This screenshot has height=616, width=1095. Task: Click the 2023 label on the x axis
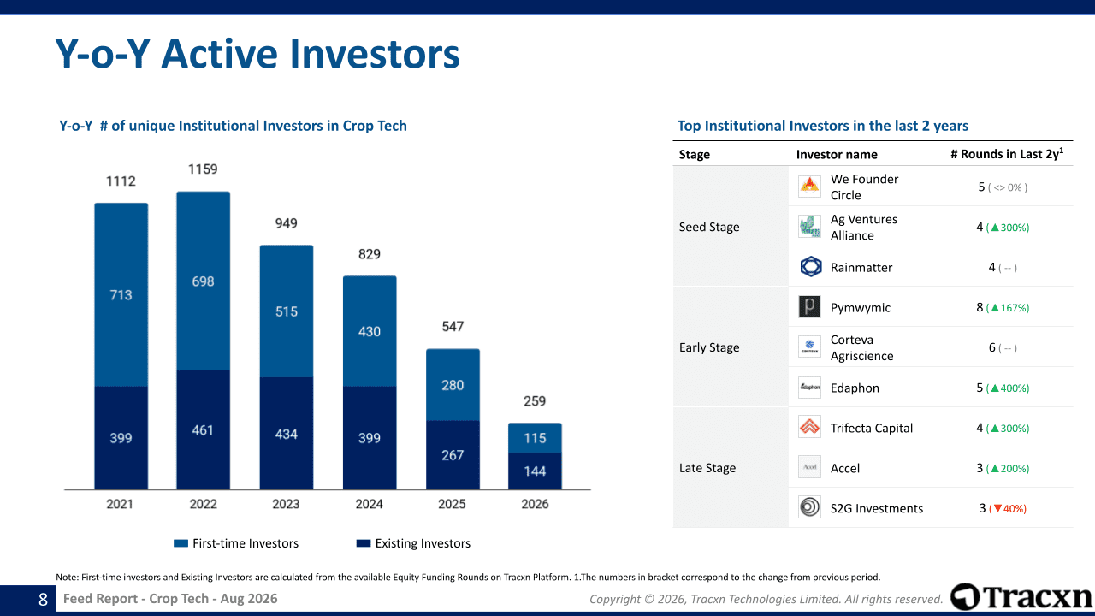click(286, 504)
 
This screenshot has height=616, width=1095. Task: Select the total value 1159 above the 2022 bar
click(203, 169)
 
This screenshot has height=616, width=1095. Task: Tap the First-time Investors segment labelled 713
click(121, 295)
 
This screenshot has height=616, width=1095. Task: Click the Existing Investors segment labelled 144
click(535, 471)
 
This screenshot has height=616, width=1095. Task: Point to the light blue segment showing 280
click(453, 385)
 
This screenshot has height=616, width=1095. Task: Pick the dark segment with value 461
click(203, 429)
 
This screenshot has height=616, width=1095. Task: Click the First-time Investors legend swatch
click(181, 543)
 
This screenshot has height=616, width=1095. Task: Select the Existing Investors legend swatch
click(364, 543)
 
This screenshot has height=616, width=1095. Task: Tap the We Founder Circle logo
click(809, 187)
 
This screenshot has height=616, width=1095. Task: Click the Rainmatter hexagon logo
click(810, 267)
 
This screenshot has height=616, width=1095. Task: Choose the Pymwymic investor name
click(861, 307)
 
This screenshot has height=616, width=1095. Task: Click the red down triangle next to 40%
click(997, 509)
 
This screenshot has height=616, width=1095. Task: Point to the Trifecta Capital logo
click(809, 427)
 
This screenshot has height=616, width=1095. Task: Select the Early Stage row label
click(709, 347)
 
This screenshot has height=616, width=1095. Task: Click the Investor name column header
click(837, 155)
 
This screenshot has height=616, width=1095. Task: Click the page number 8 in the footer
click(43, 600)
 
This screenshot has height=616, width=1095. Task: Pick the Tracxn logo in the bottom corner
click(1021, 597)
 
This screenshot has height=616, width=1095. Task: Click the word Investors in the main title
click(375, 54)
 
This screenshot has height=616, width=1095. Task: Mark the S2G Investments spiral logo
click(809, 506)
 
